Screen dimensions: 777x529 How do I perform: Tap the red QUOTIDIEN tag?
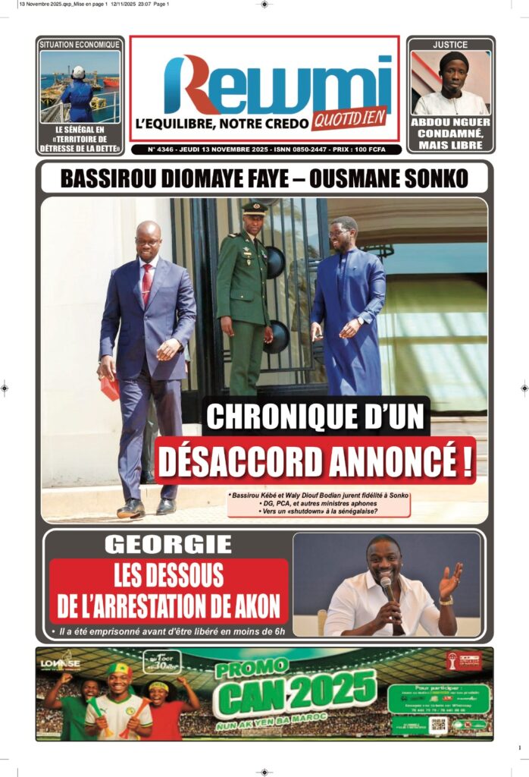coord(349,118)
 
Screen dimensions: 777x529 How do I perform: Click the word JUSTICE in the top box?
coord(450,45)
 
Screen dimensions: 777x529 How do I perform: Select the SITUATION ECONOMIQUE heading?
coord(80,45)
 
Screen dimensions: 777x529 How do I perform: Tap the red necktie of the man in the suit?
coord(146,284)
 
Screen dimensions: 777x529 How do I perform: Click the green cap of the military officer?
coord(254,208)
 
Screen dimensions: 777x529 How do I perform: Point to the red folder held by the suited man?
coord(110,388)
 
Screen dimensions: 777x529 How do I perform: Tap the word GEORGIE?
coord(168,544)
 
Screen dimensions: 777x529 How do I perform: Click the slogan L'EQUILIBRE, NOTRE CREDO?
coord(221,123)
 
